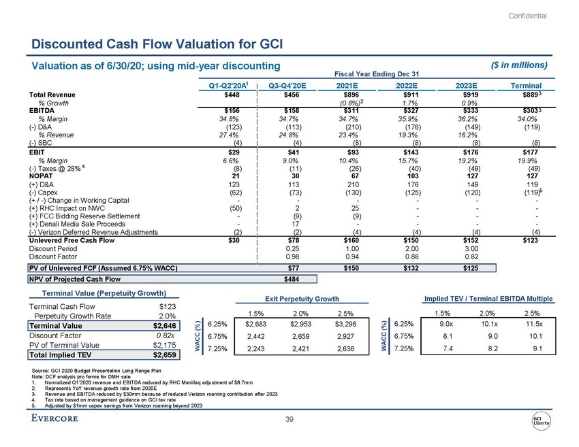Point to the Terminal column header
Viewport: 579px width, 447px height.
coord(526,86)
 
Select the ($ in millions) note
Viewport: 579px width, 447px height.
coord(519,65)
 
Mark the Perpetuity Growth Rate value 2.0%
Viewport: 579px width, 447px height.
coord(168,316)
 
